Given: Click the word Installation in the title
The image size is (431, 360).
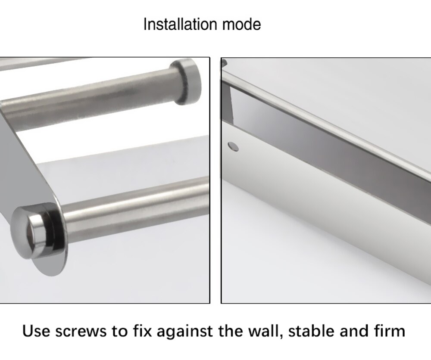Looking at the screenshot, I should [x=181, y=24].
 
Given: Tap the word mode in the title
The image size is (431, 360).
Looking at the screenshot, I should [x=241, y=24].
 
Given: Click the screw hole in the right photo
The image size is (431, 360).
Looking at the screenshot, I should [x=233, y=146].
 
